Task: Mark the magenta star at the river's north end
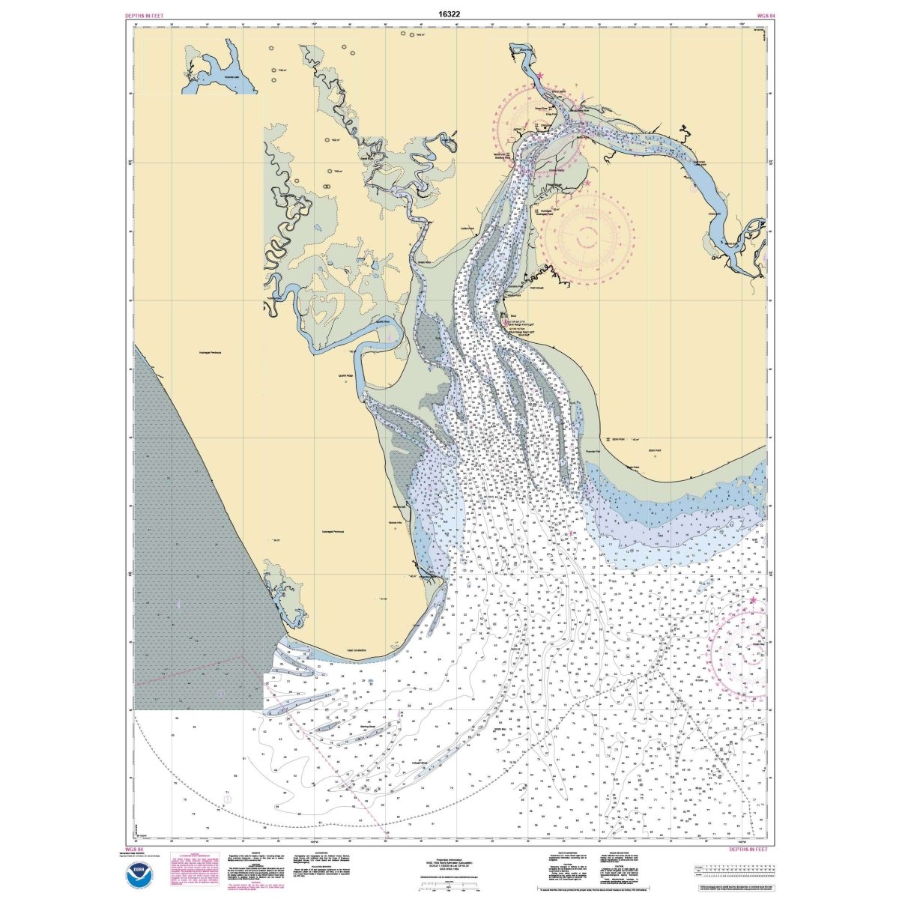(x=539, y=75)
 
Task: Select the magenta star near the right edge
(x=753, y=600)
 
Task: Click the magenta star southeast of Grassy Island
(x=587, y=183)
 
